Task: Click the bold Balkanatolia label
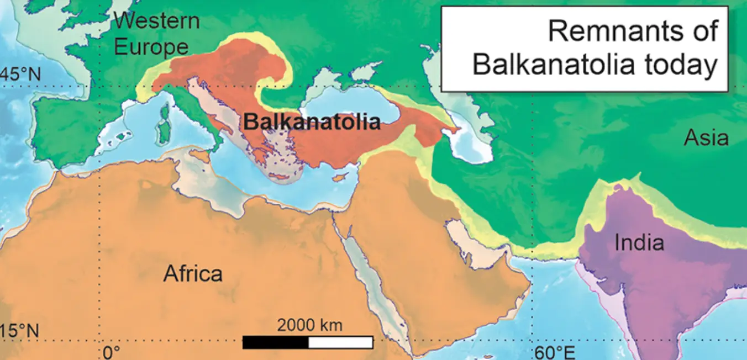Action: [312, 121]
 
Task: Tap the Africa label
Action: [193, 273]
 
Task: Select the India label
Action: [639, 242]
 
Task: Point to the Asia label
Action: [706, 137]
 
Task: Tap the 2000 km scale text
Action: [309, 325]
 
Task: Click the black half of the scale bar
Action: [275, 342]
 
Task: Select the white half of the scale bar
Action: [340, 342]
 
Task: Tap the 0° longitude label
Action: [112, 352]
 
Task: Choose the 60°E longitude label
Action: [554, 352]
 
